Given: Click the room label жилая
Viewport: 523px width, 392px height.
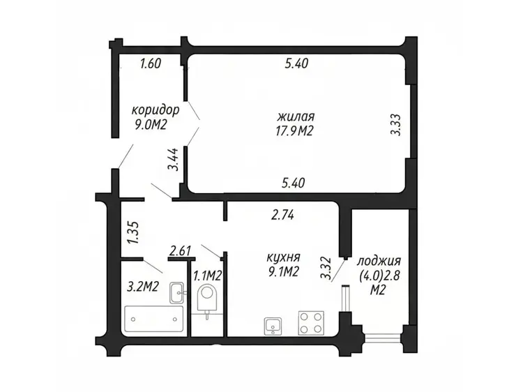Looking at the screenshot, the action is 296,117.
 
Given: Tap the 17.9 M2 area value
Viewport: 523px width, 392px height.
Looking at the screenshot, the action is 293,130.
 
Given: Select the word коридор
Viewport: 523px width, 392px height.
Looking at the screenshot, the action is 156,110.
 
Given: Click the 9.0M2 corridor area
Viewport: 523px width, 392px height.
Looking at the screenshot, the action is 151,125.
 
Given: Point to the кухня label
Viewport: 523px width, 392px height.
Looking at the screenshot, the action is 284,258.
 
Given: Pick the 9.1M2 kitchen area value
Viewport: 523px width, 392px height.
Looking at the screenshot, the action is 283,272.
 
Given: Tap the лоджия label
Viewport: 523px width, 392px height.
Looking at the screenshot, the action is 379,262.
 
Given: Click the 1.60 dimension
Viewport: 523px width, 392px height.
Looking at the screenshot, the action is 151,63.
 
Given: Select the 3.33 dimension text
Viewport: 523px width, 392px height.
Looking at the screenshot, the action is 395,125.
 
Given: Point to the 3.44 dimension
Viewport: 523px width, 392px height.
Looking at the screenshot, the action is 173,160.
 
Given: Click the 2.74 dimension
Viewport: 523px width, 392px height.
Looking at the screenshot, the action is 282,216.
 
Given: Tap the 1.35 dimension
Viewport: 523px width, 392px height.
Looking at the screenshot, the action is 134,232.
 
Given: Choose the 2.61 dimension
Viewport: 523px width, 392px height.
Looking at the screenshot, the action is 180,250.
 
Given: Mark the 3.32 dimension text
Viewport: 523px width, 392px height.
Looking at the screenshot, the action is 325,268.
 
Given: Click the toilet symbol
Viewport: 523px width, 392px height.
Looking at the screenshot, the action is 207,300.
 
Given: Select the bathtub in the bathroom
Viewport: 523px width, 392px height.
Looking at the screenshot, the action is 154,319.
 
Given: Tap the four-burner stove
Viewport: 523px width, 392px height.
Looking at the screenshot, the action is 311,323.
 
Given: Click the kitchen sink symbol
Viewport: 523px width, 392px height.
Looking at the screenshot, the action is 273,326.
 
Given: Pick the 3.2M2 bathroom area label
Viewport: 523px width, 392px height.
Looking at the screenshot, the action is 143,286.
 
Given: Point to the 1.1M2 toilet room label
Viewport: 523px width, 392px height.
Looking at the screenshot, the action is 208,276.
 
